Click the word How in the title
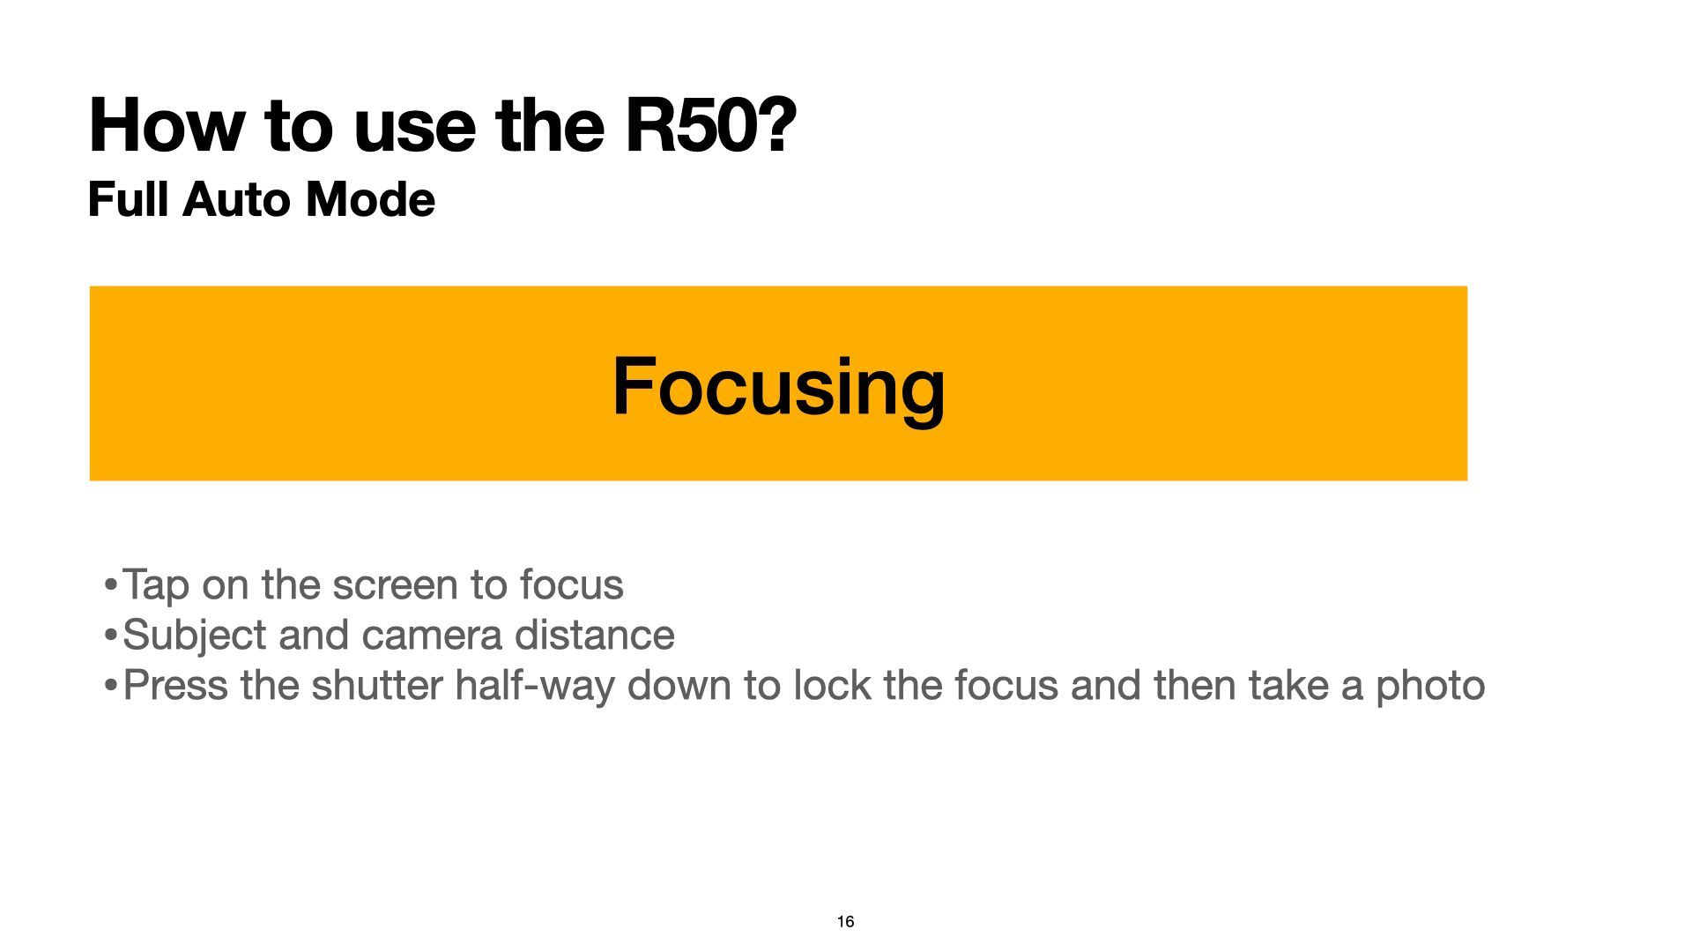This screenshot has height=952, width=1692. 167,125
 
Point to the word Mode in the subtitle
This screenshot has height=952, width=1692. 370,199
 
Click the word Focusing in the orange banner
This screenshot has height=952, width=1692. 778,388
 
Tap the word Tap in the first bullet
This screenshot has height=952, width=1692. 156,586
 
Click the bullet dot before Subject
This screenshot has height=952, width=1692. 110,635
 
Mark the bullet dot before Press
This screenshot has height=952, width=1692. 110,685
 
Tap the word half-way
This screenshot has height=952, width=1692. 535,687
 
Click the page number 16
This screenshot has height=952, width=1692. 846,921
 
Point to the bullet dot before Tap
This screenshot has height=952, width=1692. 110,584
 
